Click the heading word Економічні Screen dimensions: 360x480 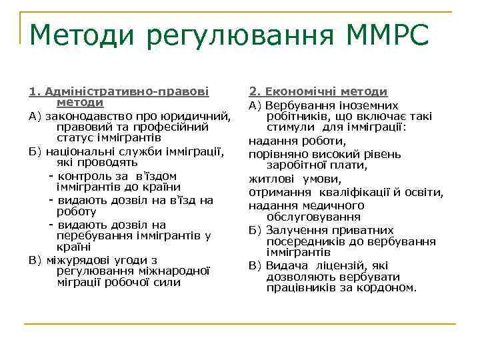click(297, 91)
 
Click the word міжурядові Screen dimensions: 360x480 click(75, 259)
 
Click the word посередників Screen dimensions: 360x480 click(303, 241)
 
